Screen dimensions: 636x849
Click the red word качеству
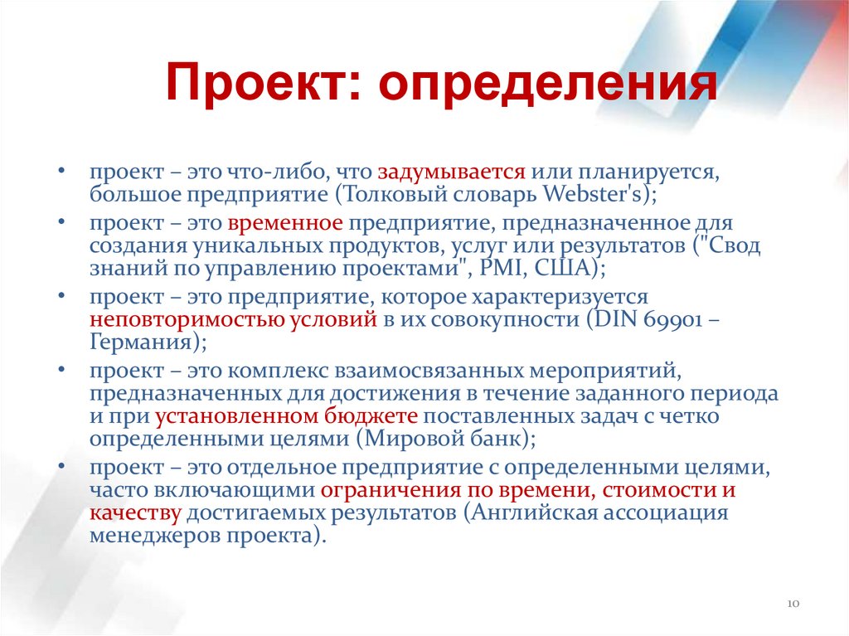(136, 512)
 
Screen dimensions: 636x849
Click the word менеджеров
(158, 535)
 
